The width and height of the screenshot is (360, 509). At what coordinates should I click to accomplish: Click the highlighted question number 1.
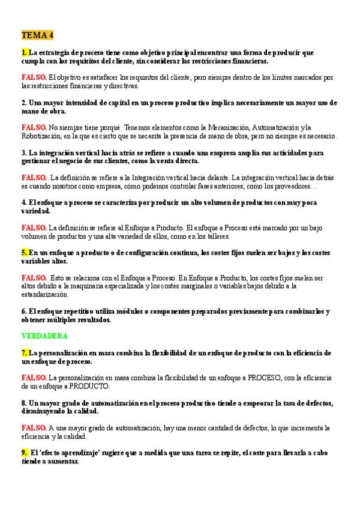tap(24, 53)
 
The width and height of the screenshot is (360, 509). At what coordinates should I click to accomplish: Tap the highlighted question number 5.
tap(24, 253)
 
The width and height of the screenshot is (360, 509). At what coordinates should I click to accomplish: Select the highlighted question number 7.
tap(24, 353)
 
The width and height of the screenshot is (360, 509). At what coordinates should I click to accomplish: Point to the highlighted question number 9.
tap(24, 453)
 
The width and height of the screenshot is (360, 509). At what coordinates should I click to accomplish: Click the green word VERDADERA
tap(44, 336)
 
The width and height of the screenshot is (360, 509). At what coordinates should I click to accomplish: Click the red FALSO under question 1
tap(34, 77)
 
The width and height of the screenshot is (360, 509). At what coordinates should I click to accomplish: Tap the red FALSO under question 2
tap(34, 127)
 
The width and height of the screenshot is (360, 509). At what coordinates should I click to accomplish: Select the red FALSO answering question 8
tap(34, 428)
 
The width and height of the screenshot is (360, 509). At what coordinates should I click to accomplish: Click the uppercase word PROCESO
tap(234, 378)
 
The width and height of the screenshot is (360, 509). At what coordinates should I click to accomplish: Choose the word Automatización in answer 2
tap(276, 127)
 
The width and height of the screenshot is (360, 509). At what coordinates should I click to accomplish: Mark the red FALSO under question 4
tap(34, 227)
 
